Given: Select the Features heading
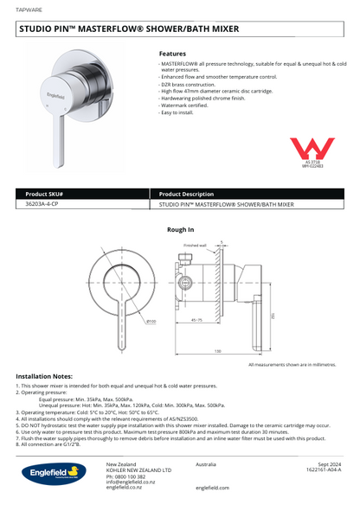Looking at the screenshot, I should (172, 54).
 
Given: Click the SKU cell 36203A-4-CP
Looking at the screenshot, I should (42, 204).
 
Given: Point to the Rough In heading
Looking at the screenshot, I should (179, 230).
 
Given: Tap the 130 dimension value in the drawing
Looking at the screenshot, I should (217, 351).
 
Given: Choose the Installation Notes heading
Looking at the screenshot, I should (49, 377).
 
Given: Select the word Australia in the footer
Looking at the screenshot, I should (206, 464).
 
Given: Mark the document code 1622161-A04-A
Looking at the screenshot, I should (324, 470).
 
